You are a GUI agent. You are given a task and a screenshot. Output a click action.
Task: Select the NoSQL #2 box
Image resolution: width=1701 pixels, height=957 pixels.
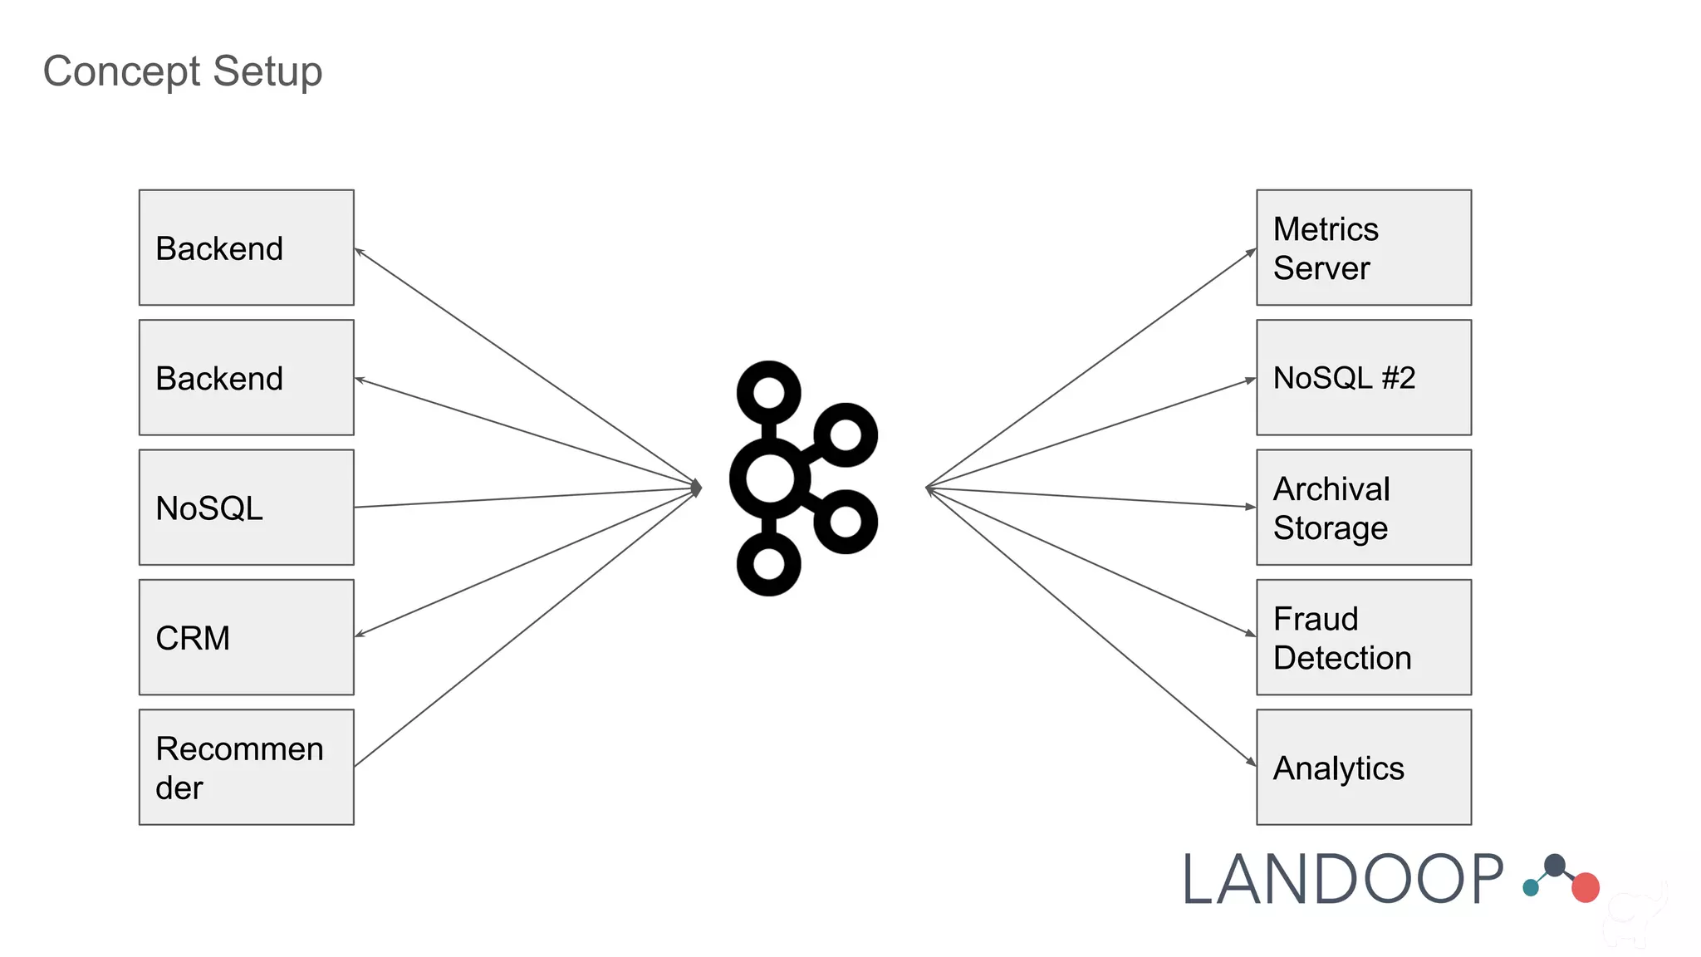click(x=1363, y=378)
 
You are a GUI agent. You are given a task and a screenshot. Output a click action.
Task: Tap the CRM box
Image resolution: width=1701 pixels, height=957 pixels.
click(x=246, y=637)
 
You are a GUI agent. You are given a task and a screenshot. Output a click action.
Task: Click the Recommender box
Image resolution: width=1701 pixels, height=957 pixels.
click(x=246, y=767)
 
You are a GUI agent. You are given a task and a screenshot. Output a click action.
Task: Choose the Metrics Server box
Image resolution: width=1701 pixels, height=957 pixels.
click(x=1363, y=248)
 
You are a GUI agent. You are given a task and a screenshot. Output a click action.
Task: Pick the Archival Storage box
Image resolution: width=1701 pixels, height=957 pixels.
click(x=1363, y=508)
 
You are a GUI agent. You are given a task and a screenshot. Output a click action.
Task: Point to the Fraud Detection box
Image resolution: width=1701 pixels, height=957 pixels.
click(x=1363, y=637)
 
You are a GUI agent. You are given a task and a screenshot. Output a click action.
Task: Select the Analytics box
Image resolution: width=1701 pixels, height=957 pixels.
click(x=1363, y=767)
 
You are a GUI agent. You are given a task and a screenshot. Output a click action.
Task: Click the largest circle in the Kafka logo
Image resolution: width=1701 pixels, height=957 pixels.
click(x=769, y=478)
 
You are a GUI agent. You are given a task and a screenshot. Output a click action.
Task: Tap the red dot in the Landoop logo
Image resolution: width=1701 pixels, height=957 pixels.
click(x=1585, y=887)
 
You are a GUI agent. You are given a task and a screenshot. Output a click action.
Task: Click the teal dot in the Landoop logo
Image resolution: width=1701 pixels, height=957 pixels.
click(x=1531, y=888)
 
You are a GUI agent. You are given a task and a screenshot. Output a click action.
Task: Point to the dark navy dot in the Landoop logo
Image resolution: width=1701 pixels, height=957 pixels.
click(x=1555, y=866)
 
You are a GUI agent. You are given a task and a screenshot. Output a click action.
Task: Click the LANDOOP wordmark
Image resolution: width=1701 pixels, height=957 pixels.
click(x=1341, y=879)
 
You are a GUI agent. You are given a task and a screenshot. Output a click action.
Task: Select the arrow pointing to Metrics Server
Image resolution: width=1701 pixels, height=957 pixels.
click(x=1088, y=369)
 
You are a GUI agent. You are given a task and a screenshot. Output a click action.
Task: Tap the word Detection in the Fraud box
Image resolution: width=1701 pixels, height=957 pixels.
click(x=1341, y=658)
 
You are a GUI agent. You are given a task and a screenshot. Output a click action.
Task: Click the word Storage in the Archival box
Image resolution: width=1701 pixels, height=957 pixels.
click(x=1330, y=528)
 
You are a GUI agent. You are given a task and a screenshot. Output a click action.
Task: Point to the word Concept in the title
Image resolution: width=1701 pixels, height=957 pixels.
click(x=121, y=71)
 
